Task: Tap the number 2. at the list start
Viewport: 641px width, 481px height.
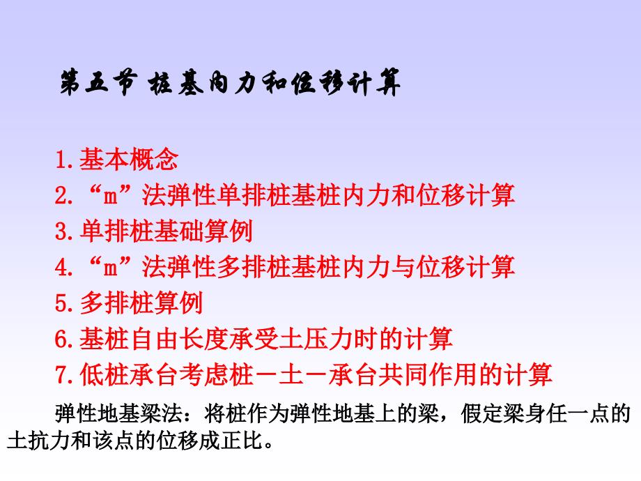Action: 63,196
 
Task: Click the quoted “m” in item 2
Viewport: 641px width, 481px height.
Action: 105,196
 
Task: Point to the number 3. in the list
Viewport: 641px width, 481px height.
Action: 63,231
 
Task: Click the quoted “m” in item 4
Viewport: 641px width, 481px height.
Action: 105,267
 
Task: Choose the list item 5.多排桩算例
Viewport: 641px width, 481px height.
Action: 129,303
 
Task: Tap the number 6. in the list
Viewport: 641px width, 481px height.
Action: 63,339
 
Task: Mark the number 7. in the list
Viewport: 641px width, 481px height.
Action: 63,375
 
